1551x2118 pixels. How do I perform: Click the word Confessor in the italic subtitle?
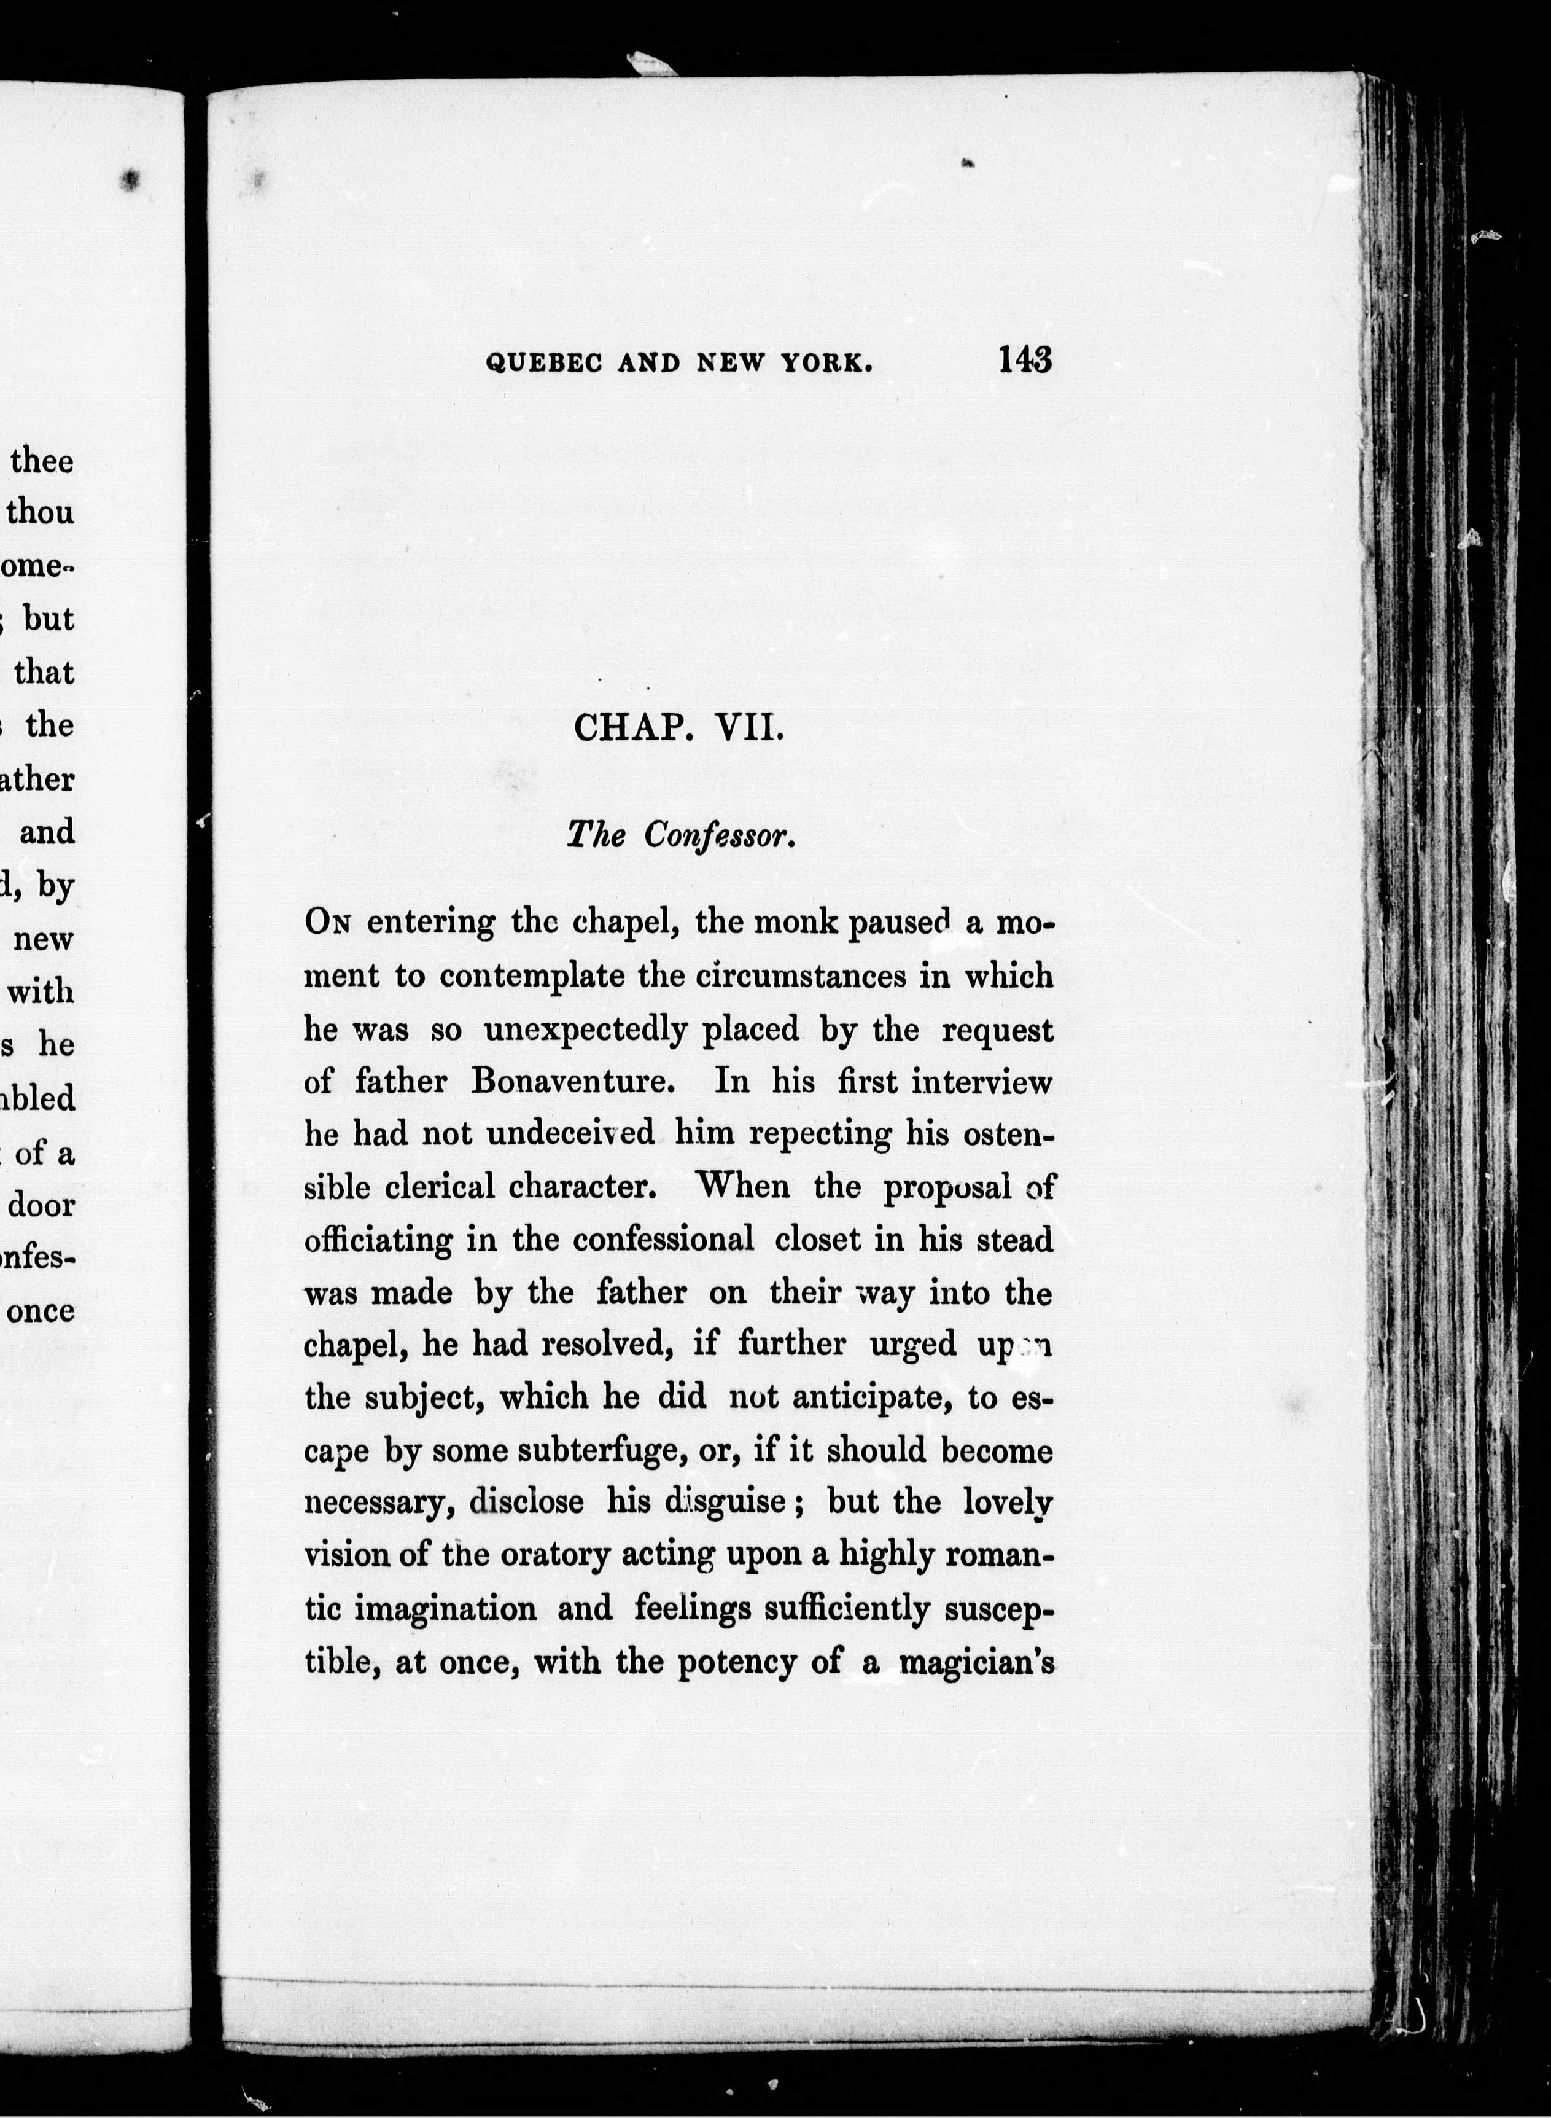pos(720,836)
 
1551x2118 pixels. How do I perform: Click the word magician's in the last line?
pos(976,1662)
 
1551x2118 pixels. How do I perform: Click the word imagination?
pos(421,1609)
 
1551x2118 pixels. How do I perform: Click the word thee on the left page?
pos(41,461)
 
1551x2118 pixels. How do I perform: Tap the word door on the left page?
pos(41,1205)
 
